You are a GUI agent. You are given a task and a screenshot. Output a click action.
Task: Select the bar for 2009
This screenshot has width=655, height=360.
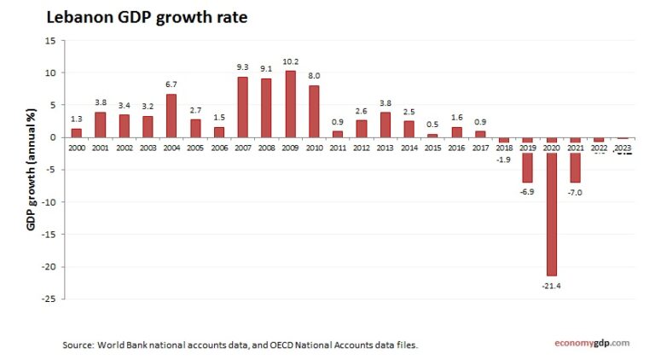(x=290, y=104)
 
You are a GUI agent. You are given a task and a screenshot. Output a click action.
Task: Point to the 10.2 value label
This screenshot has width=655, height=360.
(x=290, y=62)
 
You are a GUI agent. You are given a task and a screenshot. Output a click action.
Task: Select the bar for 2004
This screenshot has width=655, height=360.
(x=171, y=115)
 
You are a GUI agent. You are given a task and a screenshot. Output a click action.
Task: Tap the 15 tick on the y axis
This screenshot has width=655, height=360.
(x=51, y=40)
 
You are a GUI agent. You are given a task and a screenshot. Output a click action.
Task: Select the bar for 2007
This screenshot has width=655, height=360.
(x=242, y=107)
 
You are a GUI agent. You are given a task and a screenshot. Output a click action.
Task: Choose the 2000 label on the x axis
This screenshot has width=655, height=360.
(x=76, y=148)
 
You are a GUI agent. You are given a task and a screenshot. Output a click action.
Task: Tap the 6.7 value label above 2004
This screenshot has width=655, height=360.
(x=171, y=85)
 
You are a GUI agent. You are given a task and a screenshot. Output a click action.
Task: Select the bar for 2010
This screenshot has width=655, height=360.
(x=314, y=111)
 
